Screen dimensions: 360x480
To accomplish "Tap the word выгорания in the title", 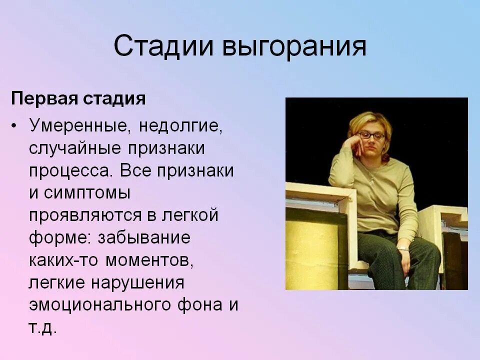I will (294, 47).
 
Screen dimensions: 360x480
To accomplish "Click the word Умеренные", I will (79, 125).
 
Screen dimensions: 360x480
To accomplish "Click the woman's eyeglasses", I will (371, 135).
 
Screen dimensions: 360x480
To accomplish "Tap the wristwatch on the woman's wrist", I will (402, 248).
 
